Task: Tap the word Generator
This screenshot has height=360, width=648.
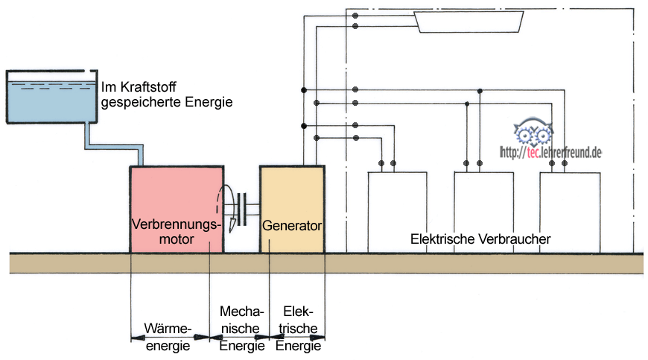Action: (x=291, y=224)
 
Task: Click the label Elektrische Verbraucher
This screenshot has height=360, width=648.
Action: (x=480, y=239)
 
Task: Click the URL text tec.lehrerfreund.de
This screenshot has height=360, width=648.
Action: (x=550, y=152)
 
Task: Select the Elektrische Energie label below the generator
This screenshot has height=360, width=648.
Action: (x=299, y=328)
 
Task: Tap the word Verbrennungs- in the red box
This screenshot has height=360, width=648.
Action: (x=177, y=224)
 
